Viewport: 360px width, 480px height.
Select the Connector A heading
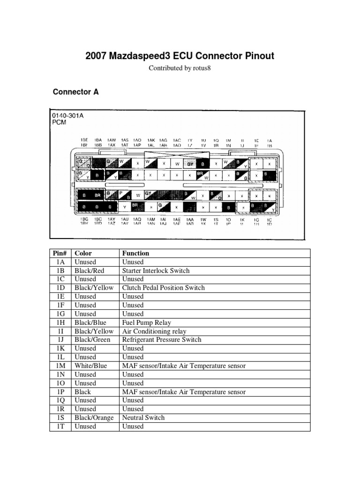click(x=76, y=92)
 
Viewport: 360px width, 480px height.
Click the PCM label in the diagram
click(x=60, y=122)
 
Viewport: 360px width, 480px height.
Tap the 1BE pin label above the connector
click(x=84, y=140)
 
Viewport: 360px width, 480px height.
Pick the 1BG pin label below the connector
click(x=84, y=219)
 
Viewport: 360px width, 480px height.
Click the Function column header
click(x=135, y=253)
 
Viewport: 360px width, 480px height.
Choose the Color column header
click(x=83, y=253)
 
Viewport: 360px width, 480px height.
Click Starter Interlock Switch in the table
click(x=156, y=270)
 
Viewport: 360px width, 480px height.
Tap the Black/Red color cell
click(x=90, y=270)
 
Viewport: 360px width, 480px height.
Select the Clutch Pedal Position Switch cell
click(x=163, y=288)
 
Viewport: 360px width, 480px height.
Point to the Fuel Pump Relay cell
click(x=147, y=322)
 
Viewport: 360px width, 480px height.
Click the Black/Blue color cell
click(x=90, y=322)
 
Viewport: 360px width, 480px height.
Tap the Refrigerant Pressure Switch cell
click(x=162, y=339)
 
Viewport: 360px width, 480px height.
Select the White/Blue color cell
click(x=91, y=366)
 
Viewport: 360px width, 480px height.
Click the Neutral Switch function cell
click(x=143, y=418)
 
